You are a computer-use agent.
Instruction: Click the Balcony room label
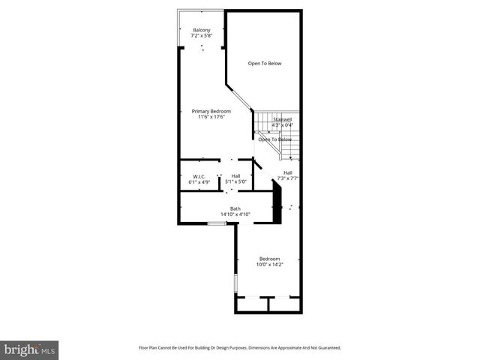(x=202, y=30)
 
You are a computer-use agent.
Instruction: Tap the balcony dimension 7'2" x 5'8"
(x=202, y=35)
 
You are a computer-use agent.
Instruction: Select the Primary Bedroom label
(x=205, y=111)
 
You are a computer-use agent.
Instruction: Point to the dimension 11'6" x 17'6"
(x=211, y=116)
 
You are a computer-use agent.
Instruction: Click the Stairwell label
(x=282, y=119)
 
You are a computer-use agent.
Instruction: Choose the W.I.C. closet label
(x=189, y=176)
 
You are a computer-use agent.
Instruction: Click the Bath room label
(x=235, y=208)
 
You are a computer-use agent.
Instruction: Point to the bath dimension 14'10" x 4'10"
(x=235, y=214)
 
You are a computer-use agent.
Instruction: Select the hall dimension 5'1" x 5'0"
(x=235, y=181)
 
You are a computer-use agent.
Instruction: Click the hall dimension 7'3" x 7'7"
(x=288, y=178)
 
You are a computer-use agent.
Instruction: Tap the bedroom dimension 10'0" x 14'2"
(x=270, y=264)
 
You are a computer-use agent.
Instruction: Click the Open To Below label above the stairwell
(x=265, y=64)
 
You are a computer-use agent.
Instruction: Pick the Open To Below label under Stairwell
(x=274, y=139)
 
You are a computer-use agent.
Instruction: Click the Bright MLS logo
(x=29, y=349)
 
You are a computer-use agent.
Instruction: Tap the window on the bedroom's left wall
(x=235, y=284)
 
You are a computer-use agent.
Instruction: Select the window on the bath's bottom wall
(x=216, y=223)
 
